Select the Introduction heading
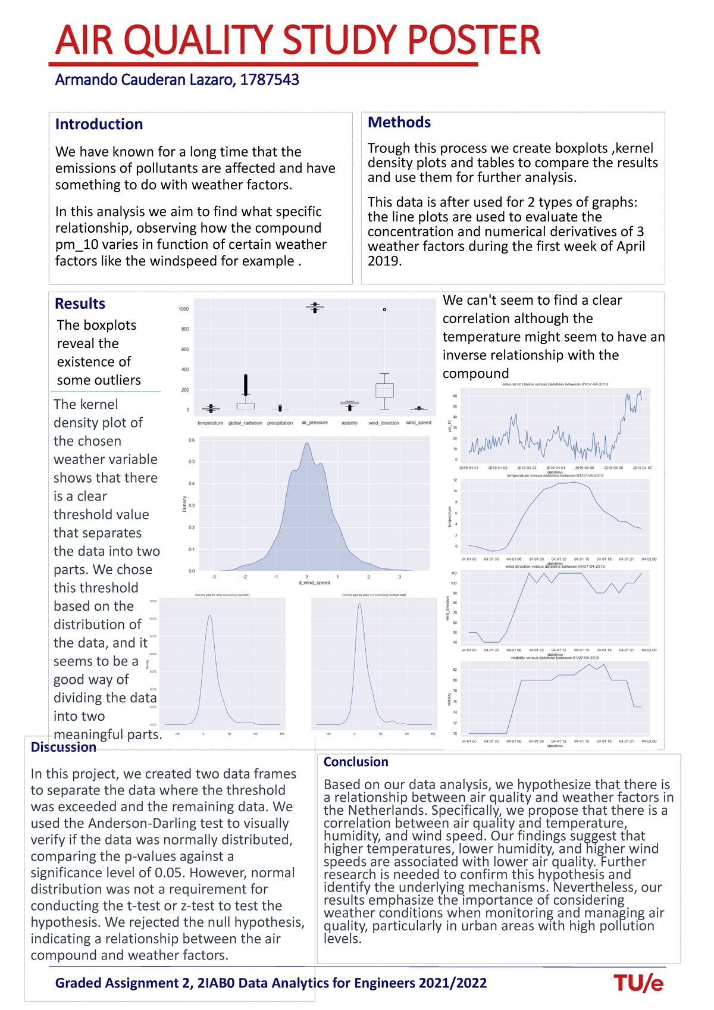click(x=99, y=124)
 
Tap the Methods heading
click(x=399, y=122)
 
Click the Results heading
click(x=80, y=304)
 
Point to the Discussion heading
click(x=63, y=747)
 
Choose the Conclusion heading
click(x=355, y=762)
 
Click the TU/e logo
click(x=638, y=983)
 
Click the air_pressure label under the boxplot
click(x=314, y=423)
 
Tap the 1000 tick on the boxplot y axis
click(x=184, y=309)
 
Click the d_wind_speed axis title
click(x=314, y=583)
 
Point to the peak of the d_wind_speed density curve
click(x=307, y=443)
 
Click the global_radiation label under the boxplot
click(x=245, y=423)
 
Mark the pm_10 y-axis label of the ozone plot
click(x=450, y=426)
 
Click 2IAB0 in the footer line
click(x=215, y=983)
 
